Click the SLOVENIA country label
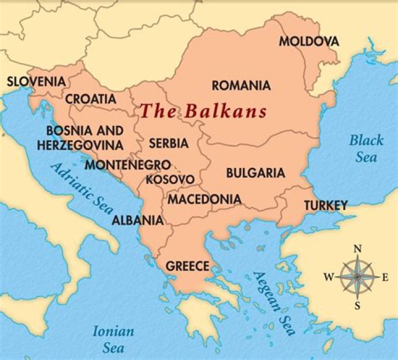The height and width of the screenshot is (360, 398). [36, 82]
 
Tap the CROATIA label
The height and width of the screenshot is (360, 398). [91, 99]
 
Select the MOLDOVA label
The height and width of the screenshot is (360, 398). [308, 41]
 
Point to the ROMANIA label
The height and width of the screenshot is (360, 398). [241, 86]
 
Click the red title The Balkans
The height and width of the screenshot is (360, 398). [203, 111]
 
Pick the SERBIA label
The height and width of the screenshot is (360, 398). [168, 143]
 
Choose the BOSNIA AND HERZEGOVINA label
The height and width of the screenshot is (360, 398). [80, 138]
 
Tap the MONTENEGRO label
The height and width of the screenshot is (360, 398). [127, 165]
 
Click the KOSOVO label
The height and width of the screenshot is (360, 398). [170, 179]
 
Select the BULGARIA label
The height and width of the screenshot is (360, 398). [255, 173]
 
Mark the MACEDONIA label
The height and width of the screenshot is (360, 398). [204, 199]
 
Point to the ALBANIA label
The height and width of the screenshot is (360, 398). [138, 220]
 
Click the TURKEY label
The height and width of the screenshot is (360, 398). [326, 205]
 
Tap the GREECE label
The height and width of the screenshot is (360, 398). [188, 266]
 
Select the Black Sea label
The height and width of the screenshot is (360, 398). [366, 149]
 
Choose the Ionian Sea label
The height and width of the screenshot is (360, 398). [113, 340]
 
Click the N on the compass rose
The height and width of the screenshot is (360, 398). [357, 249]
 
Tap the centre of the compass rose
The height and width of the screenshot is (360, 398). [357, 276]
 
